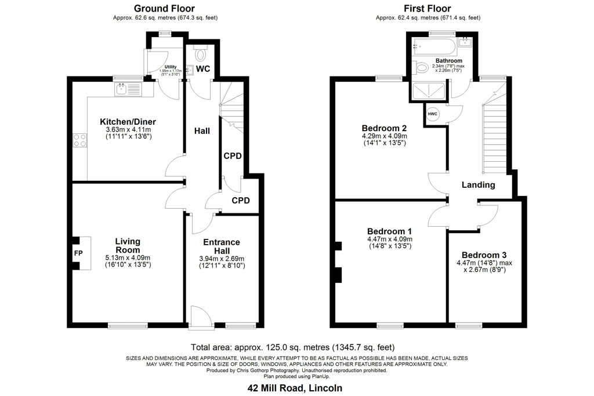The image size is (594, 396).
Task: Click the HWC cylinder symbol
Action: click(x=433, y=114)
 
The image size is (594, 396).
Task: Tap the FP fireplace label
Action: click(x=78, y=253)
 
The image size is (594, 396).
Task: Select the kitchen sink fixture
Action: click(x=128, y=89)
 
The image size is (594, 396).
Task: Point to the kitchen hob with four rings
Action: click(x=80, y=140)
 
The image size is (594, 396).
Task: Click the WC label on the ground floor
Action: click(x=203, y=69)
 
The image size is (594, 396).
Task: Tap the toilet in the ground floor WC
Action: click(x=200, y=53)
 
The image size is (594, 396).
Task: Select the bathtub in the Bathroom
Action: click(x=434, y=47)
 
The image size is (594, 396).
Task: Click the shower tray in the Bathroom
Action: click(x=428, y=91)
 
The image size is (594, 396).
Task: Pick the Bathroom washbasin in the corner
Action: click(x=465, y=42)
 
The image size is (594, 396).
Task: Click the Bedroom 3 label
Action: click(x=484, y=255)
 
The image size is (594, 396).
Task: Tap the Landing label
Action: click(x=478, y=185)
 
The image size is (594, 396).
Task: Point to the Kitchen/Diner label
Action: click(x=128, y=122)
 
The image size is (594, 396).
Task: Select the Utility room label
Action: click(x=171, y=67)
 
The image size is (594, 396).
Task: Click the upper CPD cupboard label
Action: click(x=233, y=156)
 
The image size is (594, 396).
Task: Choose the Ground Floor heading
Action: click(x=164, y=8)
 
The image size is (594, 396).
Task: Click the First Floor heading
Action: click(x=428, y=8)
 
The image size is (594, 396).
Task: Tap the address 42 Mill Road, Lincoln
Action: click(x=295, y=388)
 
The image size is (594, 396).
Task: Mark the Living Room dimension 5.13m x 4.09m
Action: click(x=128, y=258)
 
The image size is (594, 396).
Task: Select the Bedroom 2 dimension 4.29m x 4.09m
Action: click(x=385, y=136)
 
